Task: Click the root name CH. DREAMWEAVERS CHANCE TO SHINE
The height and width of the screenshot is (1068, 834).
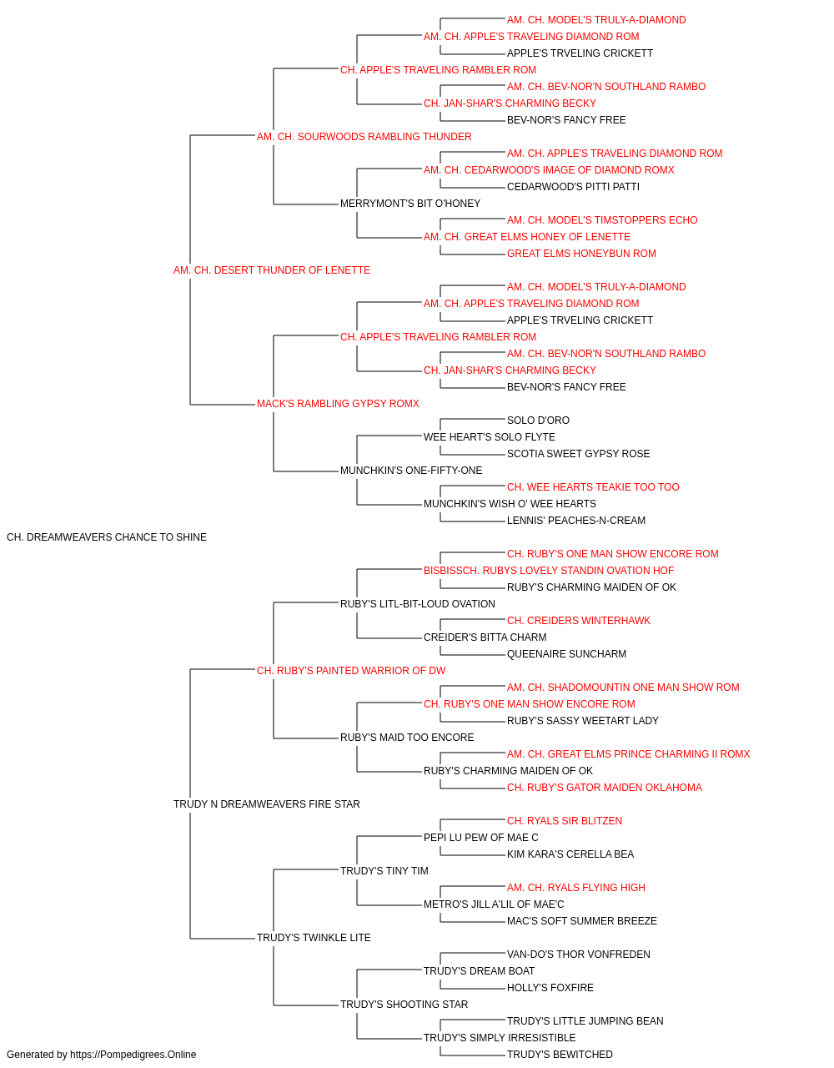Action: tap(107, 537)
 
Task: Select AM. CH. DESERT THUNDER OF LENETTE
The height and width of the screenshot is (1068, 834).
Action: tap(272, 270)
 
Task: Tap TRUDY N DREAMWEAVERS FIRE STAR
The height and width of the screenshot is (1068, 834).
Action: tap(267, 804)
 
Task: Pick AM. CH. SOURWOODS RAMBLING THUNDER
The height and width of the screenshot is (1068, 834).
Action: tap(364, 137)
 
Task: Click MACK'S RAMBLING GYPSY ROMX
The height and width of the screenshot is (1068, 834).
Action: tap(338, 404)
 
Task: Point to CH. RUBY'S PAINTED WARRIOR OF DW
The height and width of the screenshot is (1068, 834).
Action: tap(351, 670)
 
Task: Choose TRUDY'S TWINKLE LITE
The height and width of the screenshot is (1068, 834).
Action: tap(314, 937)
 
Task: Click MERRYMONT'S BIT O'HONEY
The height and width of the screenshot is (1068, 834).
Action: tap(410, 204)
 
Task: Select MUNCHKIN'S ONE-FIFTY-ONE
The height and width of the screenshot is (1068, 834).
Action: tap(411, 471)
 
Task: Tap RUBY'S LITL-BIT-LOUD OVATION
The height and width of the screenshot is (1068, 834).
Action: tap(418, 603)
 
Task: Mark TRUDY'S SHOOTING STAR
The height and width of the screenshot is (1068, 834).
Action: tap(404, 1004)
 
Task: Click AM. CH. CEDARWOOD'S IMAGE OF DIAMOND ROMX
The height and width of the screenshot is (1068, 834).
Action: tap(549, 170)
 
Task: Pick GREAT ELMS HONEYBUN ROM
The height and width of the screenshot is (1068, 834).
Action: tap(581, 254)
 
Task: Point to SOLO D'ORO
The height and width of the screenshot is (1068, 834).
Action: tap(538, 421)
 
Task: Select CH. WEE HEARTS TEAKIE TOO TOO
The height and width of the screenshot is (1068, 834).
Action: tap(593, 487)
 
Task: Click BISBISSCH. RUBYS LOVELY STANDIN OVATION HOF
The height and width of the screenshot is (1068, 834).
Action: tap(549, 570)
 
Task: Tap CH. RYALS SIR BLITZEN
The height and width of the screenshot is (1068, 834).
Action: tap(565, 821)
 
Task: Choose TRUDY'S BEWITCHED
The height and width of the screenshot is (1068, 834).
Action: tap(560, 1055)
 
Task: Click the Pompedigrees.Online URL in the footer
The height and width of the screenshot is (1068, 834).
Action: tap(133, 1055)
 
